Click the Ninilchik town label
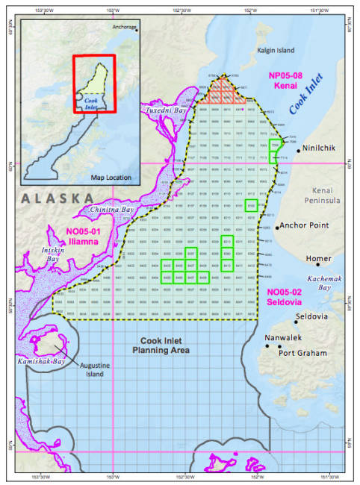point(318,148)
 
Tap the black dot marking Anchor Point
point(276,227)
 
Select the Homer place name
point(319,259)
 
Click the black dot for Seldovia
point(297,322)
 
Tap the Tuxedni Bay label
point(161,110)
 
